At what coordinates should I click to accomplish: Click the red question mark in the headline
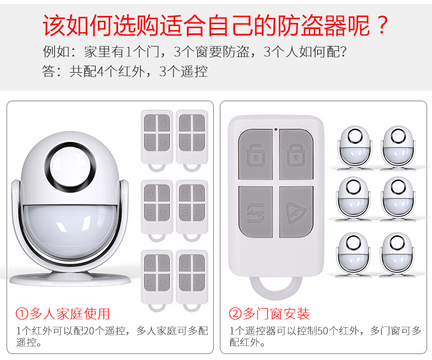[382, 25]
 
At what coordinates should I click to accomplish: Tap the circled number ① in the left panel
[22, 314]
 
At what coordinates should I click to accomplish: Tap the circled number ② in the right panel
[235, 314]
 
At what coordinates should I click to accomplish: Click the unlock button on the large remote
[255, 155]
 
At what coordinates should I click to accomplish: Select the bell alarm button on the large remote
[296, 212]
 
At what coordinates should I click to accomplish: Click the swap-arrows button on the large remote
[255, 212]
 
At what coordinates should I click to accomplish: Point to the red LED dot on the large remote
[276, 129]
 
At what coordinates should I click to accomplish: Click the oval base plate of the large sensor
[70, 278]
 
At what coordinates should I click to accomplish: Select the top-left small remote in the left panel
[157, 140]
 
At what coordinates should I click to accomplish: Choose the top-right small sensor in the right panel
[398, 148]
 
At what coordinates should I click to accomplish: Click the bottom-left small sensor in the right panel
[353, 254]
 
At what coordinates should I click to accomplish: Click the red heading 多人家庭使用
[70, 314]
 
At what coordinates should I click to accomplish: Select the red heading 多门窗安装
[276, 314]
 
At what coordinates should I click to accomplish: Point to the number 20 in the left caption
[89, 331]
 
